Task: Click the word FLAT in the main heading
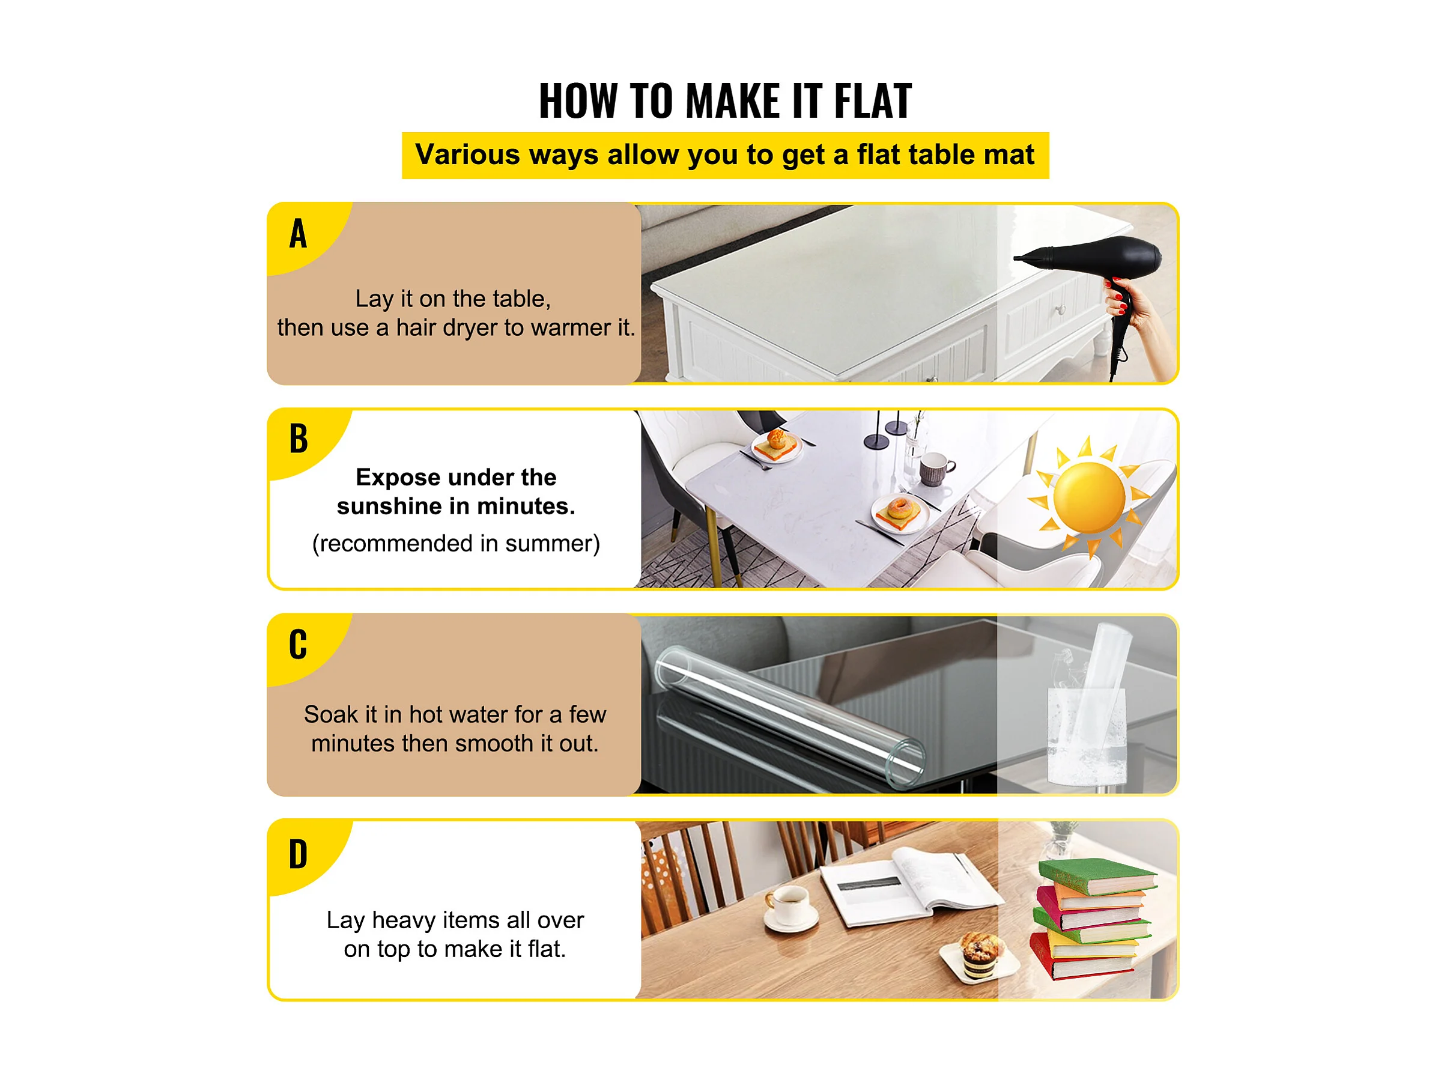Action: (x=873, y=101)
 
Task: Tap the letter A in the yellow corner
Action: (x=299, y=234)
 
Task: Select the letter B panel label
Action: (x=299, y=439)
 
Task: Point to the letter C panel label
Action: (x=299, y=644)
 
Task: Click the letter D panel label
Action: (x=299, y=854)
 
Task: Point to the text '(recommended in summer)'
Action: (x=456, y=544)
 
